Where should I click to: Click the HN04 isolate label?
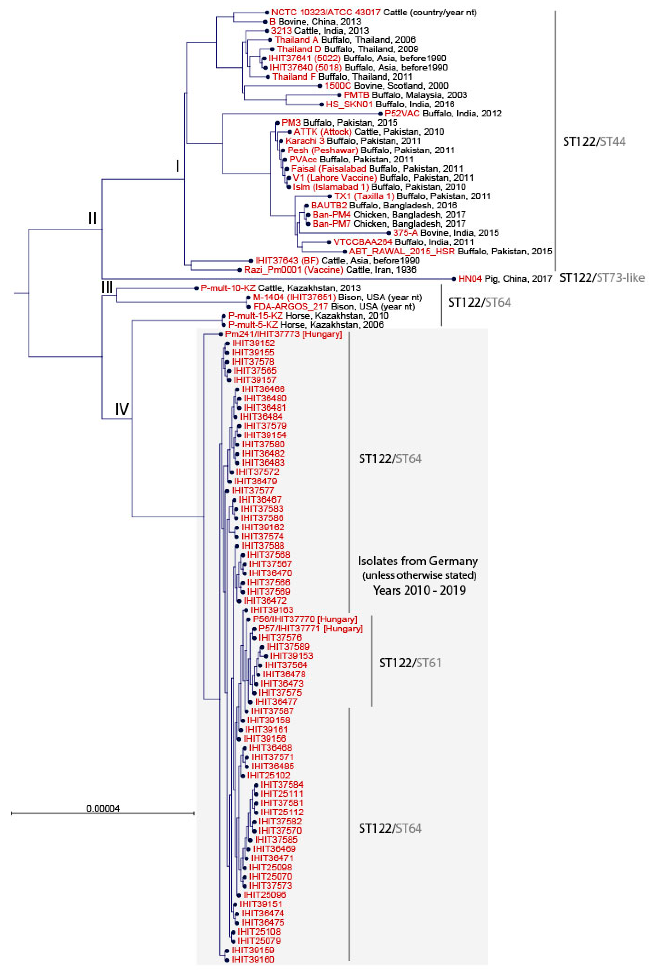(470, 279)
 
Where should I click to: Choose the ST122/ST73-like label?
(602, 278)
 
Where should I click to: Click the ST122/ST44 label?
(594, 142)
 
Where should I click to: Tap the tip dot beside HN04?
(454, 279)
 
